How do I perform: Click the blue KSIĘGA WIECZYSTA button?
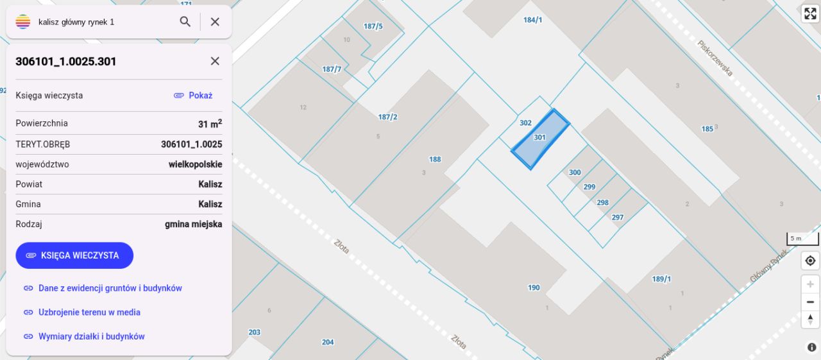point(74,255)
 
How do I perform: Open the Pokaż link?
point(193,95)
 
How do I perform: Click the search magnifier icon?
point(185,22)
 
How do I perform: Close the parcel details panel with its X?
point(215,61)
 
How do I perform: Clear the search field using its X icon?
point(215,22)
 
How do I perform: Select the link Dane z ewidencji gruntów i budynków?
point(110,288)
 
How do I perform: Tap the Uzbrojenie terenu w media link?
point(89,313)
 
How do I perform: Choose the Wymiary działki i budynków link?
point(91,336)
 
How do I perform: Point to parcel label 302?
point(525,123)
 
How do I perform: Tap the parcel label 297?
point(617,218)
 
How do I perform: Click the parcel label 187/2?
point(387,117)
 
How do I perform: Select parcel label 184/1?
point(532,20)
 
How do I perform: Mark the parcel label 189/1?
point(661,279)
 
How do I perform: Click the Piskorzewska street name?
point(715,58)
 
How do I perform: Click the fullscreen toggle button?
point(810,14)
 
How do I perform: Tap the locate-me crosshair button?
point(810,261)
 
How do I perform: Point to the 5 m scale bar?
point(802,239)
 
